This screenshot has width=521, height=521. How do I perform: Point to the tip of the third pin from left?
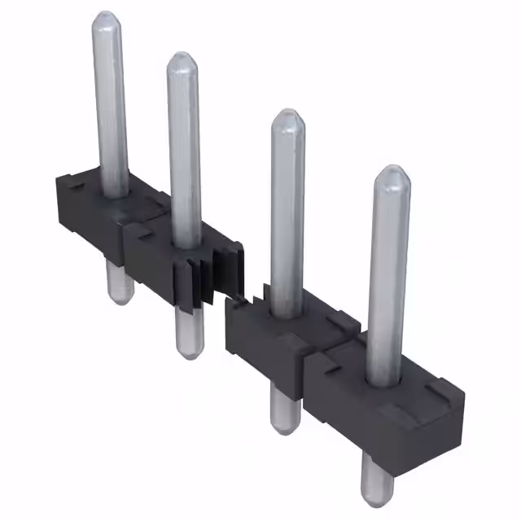click(x=287, y=116)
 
